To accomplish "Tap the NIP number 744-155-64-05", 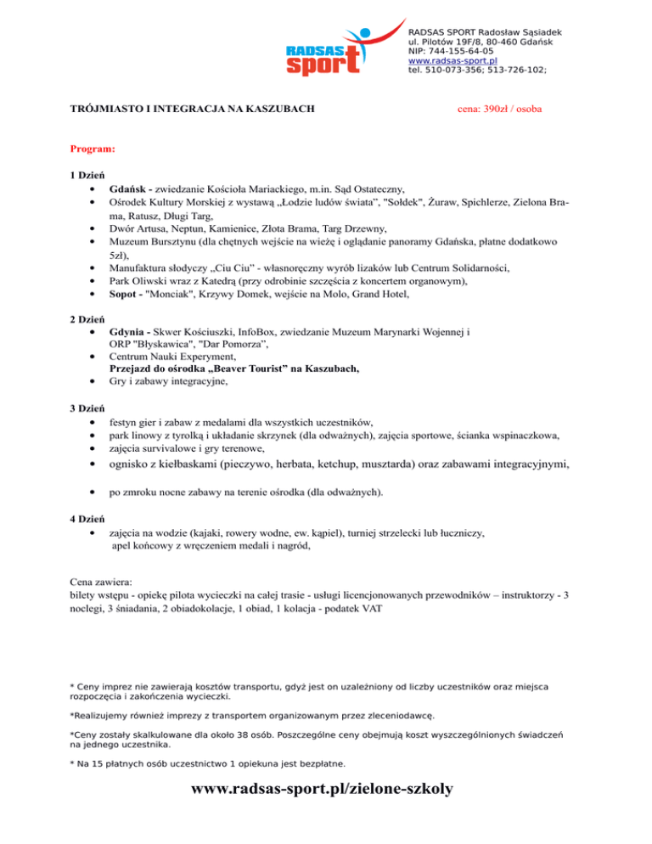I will pos(448,51).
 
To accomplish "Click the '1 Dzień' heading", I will pos(87,175).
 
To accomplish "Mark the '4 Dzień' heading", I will pos(87,520).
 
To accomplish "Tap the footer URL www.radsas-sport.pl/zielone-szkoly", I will pos(323,790).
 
